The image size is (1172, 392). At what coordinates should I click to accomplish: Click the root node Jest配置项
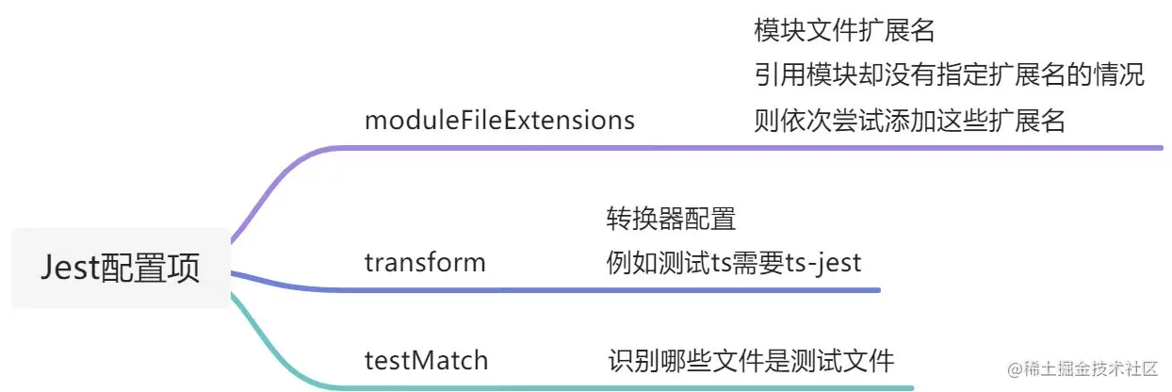(x=120, y=269)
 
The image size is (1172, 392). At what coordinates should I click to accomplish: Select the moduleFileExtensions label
(x=499, y=121)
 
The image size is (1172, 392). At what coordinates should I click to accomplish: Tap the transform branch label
(x=425, y=262)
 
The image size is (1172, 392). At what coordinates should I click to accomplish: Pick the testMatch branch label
(x=427, y=360)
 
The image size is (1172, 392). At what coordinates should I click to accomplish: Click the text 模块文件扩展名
(x=844, y=31)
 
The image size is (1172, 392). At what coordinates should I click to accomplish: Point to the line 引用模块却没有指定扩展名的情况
(x=949, y=75)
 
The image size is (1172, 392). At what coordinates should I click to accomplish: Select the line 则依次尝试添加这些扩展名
(x=909, y=121)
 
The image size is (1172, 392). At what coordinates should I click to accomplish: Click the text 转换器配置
(x=671, y=220)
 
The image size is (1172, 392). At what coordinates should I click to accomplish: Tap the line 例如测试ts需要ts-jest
(x=734, y=262)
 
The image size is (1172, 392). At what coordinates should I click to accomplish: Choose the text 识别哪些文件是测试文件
(x=750, y=360)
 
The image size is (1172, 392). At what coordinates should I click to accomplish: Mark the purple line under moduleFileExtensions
(x=754, y=147)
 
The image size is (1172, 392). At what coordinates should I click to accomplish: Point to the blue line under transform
(x=603, y=289)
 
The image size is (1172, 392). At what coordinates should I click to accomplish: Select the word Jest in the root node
(x=70, y=269)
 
